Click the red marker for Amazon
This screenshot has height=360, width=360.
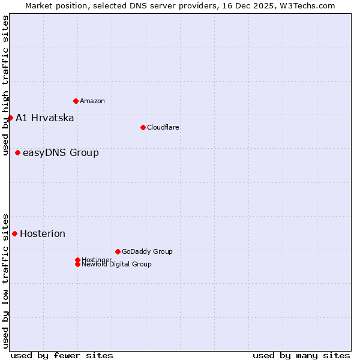[76, 101]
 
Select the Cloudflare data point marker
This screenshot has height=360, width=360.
[143, 127]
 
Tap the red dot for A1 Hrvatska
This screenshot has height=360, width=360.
[10, 118]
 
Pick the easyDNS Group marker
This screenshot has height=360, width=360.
[17, 152]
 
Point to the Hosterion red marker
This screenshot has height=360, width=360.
[14, 233]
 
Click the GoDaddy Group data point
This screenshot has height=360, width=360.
[118, 251]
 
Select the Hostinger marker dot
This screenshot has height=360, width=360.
[77, 260]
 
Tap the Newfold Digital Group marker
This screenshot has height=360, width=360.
[77, 264]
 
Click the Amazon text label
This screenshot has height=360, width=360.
[92, 101]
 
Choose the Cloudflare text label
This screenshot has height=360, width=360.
[163, 127]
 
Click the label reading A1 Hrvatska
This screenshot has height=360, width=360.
[45, 118]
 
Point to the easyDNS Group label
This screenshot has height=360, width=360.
[61, 152]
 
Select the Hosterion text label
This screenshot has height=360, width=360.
[43, 233]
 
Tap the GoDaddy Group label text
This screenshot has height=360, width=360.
[147, 251]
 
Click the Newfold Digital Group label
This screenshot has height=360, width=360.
[117, 264]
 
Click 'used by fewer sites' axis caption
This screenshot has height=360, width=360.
[62, 355]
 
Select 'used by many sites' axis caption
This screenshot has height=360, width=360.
[301, 355]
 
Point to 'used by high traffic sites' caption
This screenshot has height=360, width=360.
[5, 85]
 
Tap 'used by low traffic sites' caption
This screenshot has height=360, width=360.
[5, 280]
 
